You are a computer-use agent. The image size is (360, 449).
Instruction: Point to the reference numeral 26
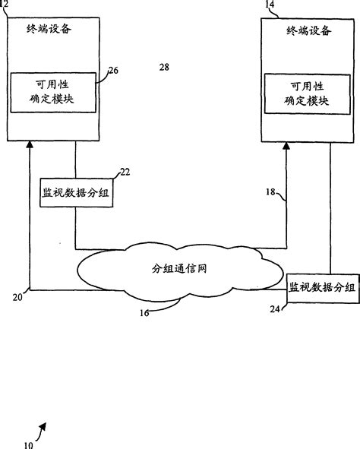click(x=114, y=71)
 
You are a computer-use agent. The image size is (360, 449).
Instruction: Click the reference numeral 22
click(x=125, y=172)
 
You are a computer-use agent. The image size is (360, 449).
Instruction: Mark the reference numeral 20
click(x=16, y=299)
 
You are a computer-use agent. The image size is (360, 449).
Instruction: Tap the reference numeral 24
click(x=275, y=309)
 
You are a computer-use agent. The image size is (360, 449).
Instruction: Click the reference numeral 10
click(x=28, y=444)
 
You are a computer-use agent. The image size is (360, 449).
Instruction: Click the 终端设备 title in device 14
click(x=308, y=30)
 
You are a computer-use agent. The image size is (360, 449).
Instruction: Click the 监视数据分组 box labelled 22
click(x=76, y=192)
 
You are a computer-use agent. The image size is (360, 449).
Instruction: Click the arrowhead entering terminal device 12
click(x=30, y=144)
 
